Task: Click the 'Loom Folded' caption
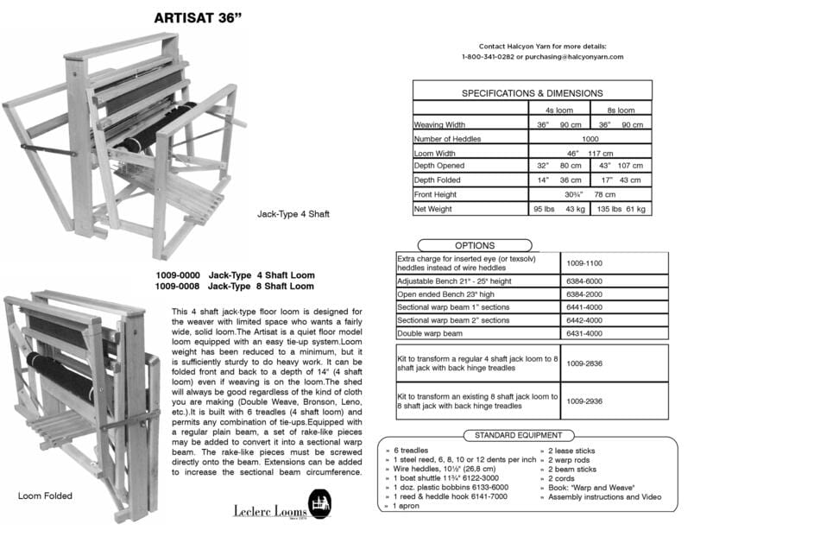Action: [45, 496]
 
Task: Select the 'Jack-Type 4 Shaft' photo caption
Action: [293, 213]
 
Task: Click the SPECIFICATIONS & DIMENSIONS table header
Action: [532, 93]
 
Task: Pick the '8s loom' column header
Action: [621, 110]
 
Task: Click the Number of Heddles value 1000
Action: [590, 139]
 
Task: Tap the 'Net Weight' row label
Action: [433, 209]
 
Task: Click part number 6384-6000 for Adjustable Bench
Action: [584, 281]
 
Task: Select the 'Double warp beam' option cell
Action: [429, 333]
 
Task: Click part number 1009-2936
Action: [584, 401]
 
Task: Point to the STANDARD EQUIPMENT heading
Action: [518, 436]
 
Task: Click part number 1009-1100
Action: [584, 262]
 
